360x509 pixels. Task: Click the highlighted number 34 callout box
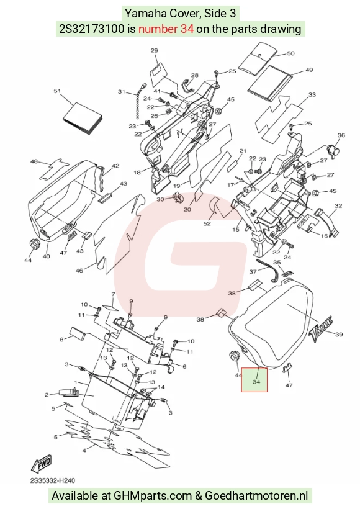(254, 380)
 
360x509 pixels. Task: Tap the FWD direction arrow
(41, 464)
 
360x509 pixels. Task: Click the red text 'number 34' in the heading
(166, 29)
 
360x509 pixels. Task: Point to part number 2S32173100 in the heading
(91, 29)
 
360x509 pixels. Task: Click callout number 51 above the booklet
(58, 91)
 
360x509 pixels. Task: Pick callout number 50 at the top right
(290, 53)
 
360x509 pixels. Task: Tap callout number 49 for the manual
(309, 70)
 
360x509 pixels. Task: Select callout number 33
(312, 95)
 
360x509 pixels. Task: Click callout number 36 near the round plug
(341, 135)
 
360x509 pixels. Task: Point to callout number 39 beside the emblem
(339, 335)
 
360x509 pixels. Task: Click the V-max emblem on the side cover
(322, 331)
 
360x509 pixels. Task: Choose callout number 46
(79, 271)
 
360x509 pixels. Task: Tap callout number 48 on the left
(34, 161)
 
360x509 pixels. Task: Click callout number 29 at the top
(155, 51)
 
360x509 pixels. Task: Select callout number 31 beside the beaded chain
(122, 92)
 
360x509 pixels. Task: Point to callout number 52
(207, 223)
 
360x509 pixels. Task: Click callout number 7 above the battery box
(114, 294)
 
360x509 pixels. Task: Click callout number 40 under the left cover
(47, 256)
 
